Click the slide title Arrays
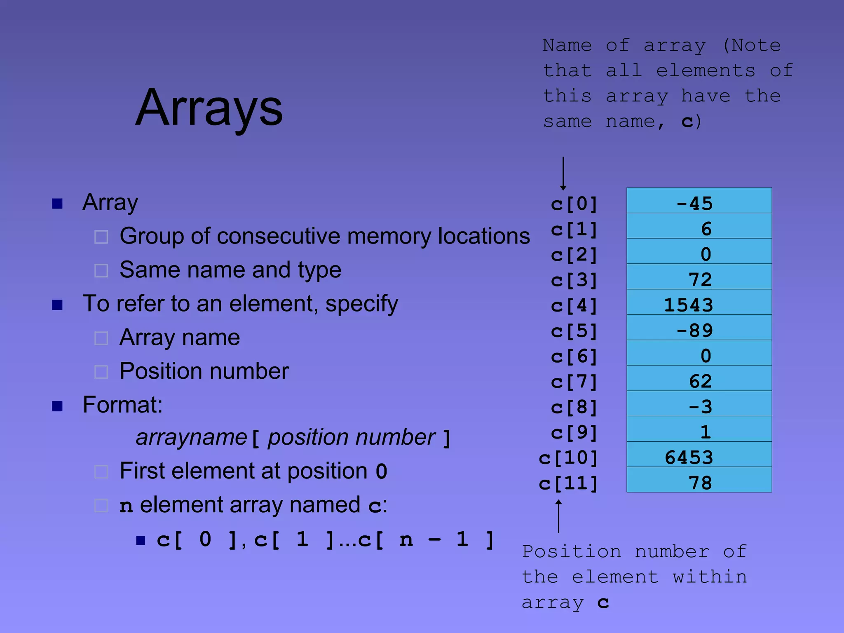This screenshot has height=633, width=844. coord(209,108)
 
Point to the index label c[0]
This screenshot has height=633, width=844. coord(574,204)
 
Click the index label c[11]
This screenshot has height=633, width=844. coord(568,483)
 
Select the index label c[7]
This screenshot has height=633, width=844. coord(574,382)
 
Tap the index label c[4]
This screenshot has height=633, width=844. coord(574,305)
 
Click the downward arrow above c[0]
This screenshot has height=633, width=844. coord(563,173)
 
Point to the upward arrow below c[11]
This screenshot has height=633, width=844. coord(558,516)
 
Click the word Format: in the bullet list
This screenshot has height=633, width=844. coord(122,405)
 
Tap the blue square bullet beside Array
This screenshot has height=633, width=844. coord(57,203)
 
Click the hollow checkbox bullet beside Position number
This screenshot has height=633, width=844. coord(101,372)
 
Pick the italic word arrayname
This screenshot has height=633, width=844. coord(191,437)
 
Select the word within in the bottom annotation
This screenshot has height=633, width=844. coord(710,577)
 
